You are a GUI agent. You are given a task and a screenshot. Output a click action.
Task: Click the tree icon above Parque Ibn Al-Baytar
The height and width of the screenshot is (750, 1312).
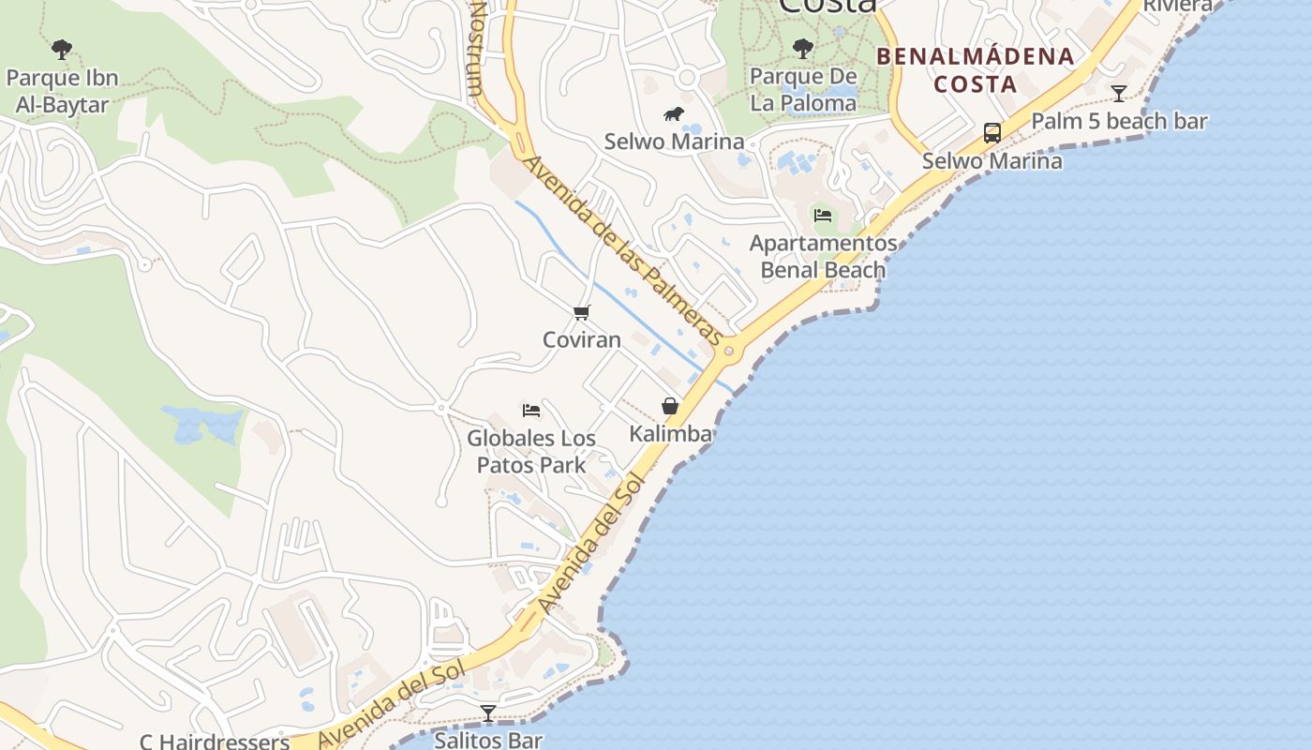pyautogui.click(x=62, y=49)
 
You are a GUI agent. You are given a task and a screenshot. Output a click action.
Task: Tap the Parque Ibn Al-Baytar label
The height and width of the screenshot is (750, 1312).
pyautogui.click(x=62, y=91)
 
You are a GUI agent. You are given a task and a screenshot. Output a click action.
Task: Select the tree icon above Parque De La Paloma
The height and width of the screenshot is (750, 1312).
pyautogui.click(x=802, y=48)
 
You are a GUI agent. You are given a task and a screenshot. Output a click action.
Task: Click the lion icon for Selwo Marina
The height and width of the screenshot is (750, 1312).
pyautogui.click(x=674, y=114)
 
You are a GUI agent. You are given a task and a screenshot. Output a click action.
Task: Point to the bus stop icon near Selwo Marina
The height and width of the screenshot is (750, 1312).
pyautogui.click(x=992, y=133)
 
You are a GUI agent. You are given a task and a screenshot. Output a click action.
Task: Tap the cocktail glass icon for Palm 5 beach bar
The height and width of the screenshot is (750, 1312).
pyautogui.click(x=1118, y=93)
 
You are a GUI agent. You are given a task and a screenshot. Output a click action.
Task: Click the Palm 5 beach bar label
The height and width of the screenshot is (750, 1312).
pyautogui.click(x=1119, y=121)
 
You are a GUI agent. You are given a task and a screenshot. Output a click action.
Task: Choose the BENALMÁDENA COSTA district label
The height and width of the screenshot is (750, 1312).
pyautogui.click(x=975, y=70)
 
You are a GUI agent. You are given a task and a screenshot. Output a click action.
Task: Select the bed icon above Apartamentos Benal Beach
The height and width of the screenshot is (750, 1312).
pyautogui.click(x=823, y=215)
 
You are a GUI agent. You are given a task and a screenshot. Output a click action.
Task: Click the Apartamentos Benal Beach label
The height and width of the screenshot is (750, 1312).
pyautogui.click(x=823, y=257)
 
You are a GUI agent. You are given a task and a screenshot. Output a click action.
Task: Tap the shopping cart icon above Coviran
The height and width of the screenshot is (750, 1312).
pyautogui.click(x=582, y=312)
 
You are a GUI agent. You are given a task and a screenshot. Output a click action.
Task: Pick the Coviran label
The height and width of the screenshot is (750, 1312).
pyautogui.click(x=582, y=339)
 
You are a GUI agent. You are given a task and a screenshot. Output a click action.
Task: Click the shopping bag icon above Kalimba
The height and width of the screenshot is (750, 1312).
pyautogui.click(x=670, y=406)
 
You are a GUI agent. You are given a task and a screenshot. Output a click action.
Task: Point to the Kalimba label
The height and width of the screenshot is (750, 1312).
pyautogui.click(x=670, y=433)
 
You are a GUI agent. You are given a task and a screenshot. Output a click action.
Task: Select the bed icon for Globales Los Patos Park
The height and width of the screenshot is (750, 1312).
pyautogui.click(x=531, y=411)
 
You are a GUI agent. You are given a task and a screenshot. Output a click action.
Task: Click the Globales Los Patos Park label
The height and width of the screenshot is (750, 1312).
pyautogui.click(x=531, y=451)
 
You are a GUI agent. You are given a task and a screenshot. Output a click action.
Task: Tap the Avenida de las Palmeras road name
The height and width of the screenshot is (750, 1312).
pyautogui.click(x=622, y=249)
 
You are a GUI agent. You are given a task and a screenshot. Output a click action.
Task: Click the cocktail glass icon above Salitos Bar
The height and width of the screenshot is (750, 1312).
pyautogui.click(x=487, y=713)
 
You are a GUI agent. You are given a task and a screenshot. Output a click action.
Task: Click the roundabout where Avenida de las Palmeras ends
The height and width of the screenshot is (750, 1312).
pyautogui.click(x=729, y=351)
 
